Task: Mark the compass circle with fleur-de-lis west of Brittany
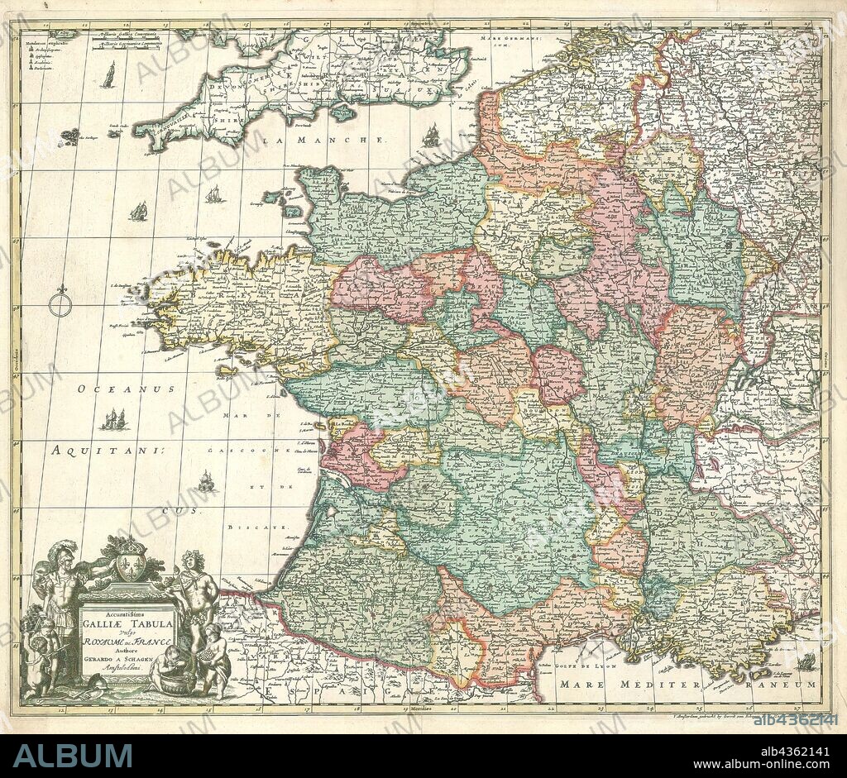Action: (x=60, y=303)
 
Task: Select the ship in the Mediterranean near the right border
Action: (x=806, y=661)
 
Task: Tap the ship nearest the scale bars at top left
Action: (x=108, y=75)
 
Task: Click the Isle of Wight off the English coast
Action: (x=342, y=112)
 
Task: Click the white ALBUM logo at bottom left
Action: (x=72, y=755)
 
